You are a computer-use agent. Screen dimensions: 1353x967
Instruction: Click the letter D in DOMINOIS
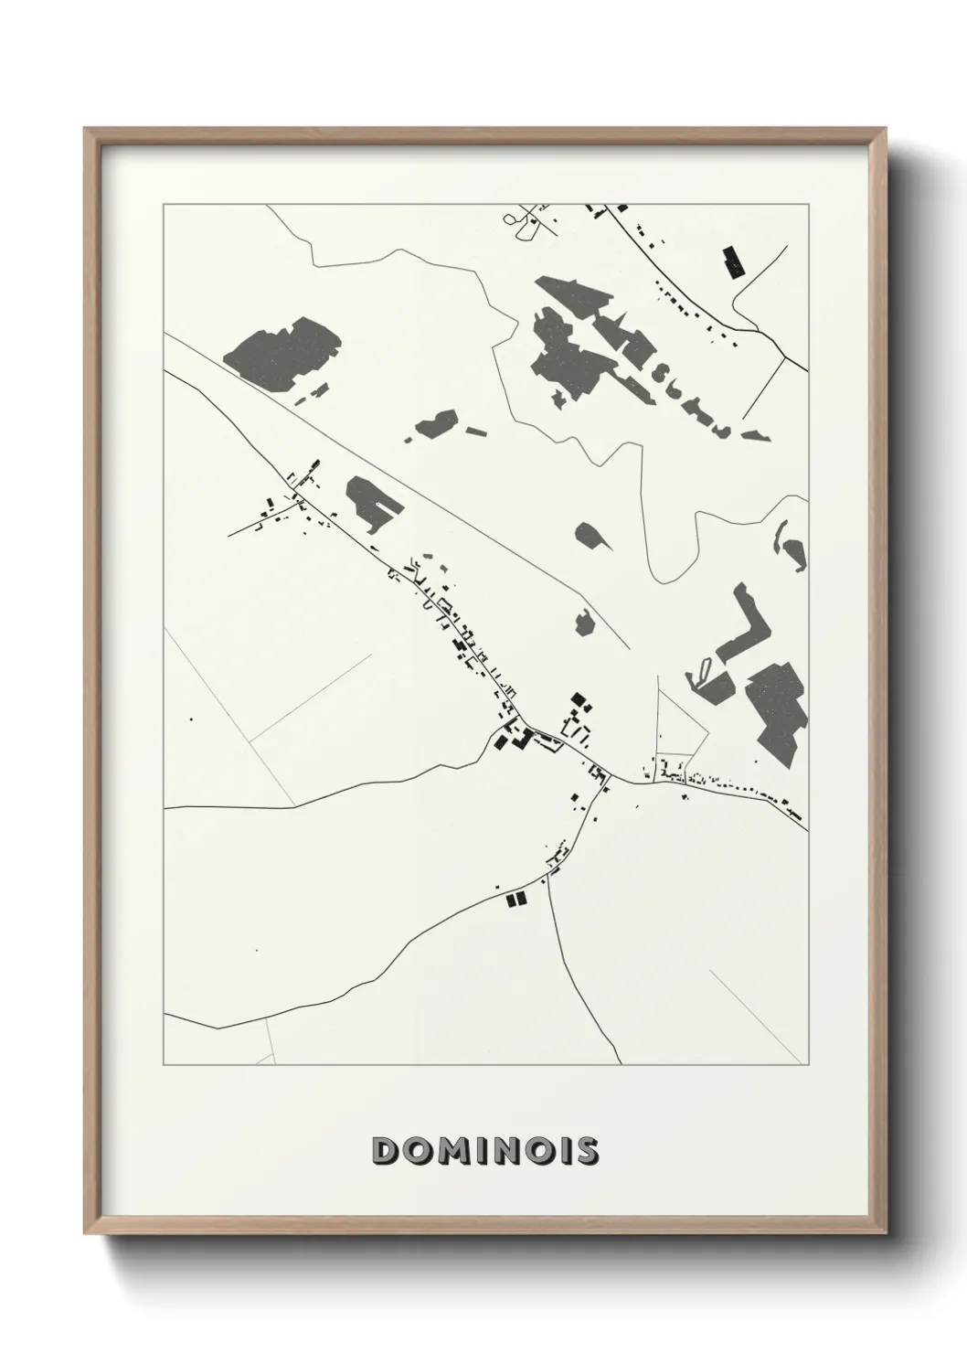[x=387, y=1151]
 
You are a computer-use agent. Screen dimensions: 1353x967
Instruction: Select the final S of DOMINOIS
[x=586, y=1151]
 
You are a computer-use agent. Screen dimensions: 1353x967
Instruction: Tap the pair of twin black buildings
[x=516, y=900]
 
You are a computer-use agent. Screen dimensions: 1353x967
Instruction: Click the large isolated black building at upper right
[x=733, y=261]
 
